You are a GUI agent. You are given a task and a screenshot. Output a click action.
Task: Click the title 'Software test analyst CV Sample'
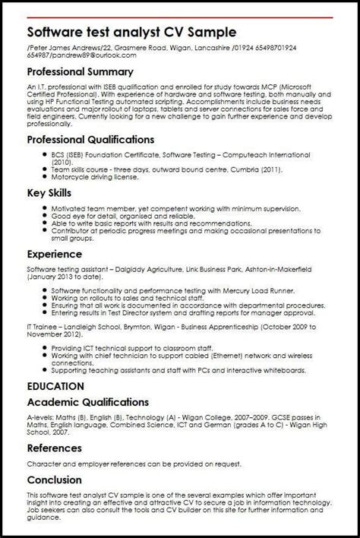131,34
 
